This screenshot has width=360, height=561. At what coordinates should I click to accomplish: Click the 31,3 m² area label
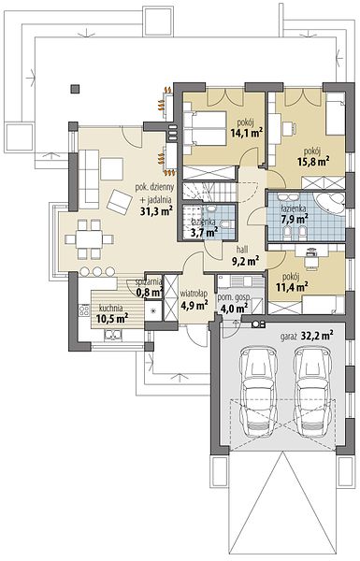(156, 211)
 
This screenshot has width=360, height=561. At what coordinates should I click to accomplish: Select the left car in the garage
(259, 390)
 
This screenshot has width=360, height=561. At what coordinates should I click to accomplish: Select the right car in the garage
(312, 390)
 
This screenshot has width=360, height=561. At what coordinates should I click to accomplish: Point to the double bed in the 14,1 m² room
(205, 128)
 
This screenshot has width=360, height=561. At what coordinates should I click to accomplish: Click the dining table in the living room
(89, 239)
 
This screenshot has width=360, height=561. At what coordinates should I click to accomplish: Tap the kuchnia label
(111, 308)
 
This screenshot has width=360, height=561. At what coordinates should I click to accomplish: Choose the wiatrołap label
(194, 294)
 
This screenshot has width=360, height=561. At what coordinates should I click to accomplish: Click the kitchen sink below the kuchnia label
(113, 335)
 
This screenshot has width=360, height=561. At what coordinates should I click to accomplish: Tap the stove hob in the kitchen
(84, 309)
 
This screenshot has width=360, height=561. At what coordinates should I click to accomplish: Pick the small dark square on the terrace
(75, 89)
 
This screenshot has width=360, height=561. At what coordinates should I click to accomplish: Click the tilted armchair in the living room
(120, 202)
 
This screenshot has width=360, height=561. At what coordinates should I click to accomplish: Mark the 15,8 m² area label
(313, 162)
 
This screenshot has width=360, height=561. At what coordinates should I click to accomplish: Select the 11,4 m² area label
(292, 287)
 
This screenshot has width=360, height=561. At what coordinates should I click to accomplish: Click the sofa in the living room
(89, 179)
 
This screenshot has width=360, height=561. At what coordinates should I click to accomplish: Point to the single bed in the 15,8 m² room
(336, 114)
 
